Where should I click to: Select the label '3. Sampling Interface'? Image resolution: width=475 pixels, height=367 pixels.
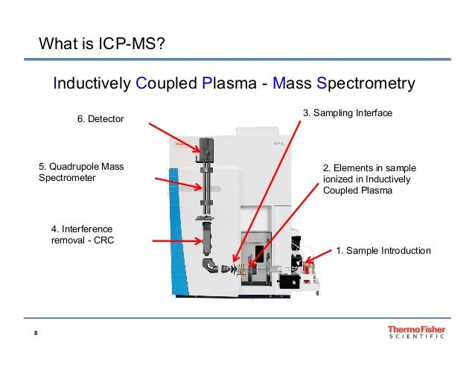pyautogui.click(x=347, y=113)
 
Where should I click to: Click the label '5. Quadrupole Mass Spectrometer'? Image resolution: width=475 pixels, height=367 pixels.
pyautogui.click(x=81, y=173)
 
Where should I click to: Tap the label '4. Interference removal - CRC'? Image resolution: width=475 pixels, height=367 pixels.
pyautogui.click(x=83, y=234)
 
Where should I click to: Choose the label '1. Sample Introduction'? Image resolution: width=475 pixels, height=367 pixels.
pyautogui.click(x=383, y=250)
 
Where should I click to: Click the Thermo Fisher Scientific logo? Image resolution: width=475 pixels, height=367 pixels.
pyautogui.click(x=416, y=332)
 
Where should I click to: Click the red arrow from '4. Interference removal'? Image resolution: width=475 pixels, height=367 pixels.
pyautogui.click(x=175, y=240)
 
